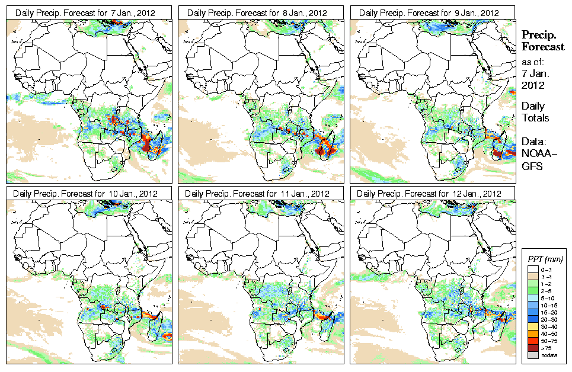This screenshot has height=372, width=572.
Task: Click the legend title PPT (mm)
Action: [545, 259]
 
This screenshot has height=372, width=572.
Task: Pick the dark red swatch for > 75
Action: [532, 348]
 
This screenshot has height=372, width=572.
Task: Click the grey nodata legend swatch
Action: [532, 355]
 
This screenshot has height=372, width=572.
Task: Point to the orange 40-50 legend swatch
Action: [532, 333]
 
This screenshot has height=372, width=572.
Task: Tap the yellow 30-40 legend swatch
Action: [532, 326]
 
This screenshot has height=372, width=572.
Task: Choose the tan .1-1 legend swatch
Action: [532, 277]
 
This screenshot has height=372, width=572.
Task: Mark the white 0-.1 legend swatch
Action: [532, 270]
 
